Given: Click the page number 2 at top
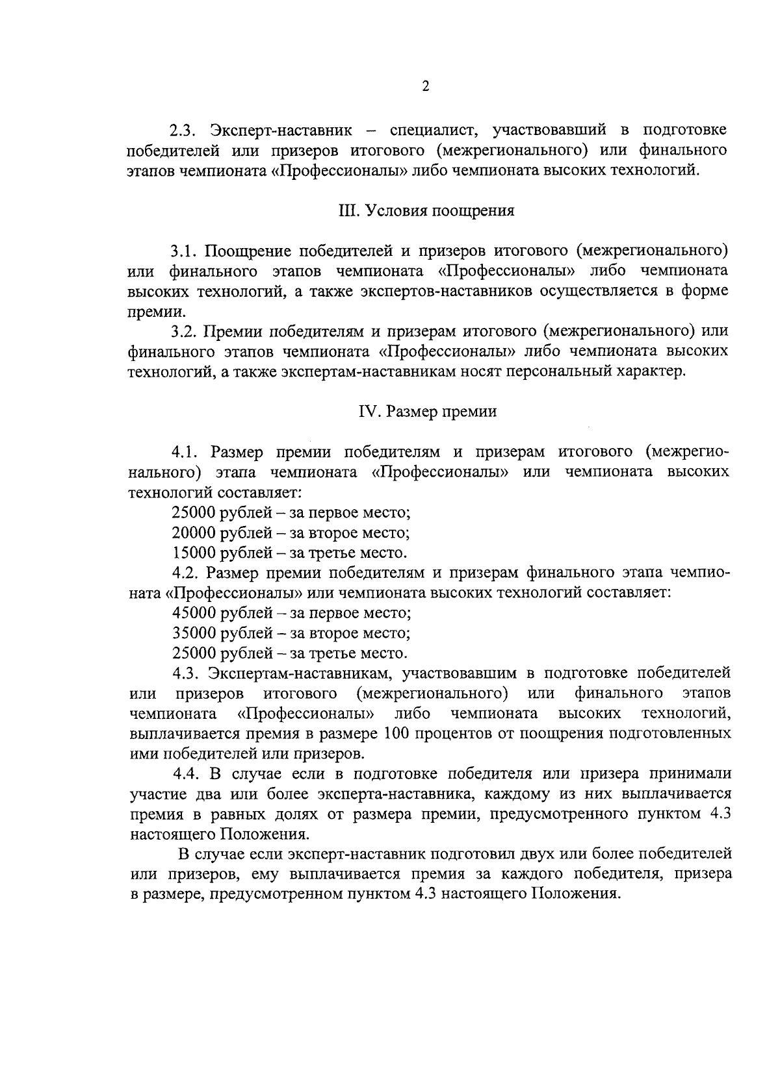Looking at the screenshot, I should [x=426, y=86].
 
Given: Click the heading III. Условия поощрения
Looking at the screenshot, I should [x=426, y=210].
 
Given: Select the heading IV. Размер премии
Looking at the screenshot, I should [x=428, y=412].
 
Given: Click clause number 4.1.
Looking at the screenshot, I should [x=185, y=451].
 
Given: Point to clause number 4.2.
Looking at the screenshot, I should [x=185, y=573].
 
